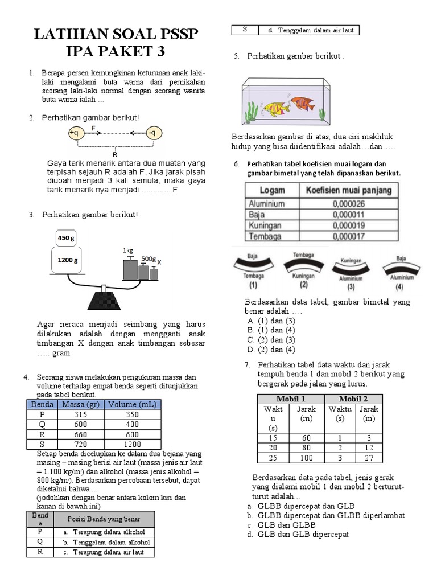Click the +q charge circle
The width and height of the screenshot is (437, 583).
75,133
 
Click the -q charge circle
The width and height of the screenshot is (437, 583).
153,133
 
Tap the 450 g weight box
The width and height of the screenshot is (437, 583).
66,238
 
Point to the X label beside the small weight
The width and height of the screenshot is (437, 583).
159,262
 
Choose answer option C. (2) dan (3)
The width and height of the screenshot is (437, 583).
271,340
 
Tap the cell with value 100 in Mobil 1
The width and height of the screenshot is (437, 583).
307,458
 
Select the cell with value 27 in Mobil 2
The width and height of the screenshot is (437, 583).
369,458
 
